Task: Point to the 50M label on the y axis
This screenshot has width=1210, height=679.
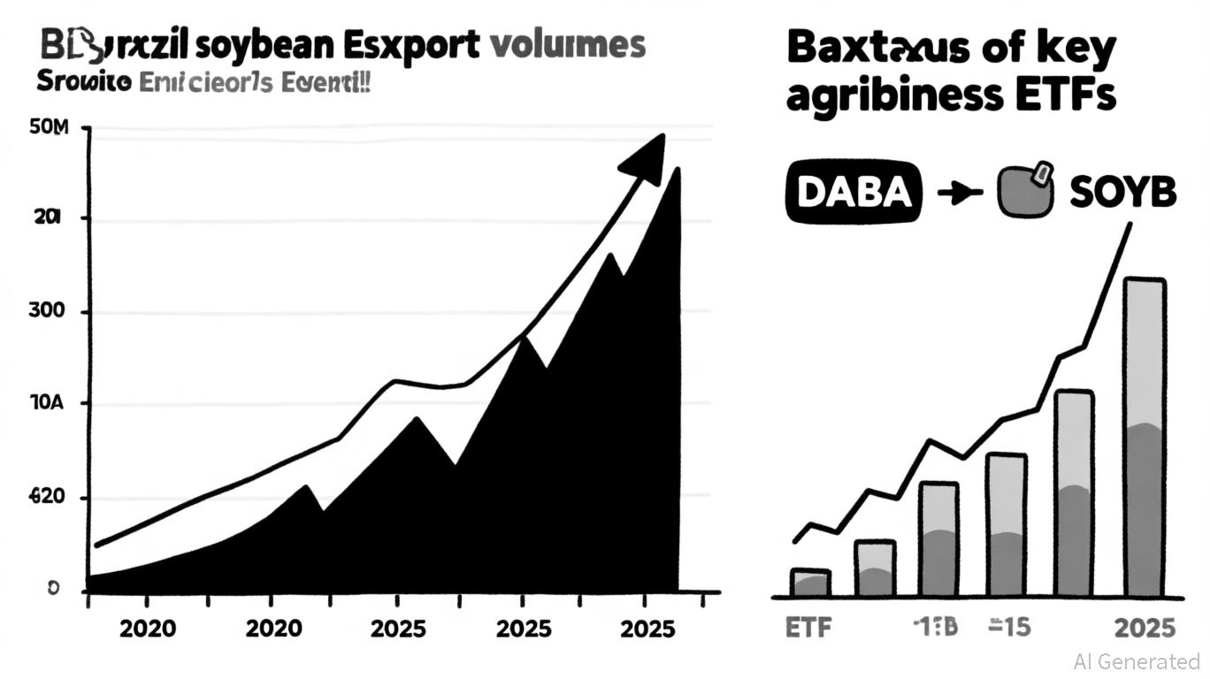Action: coord(49,130)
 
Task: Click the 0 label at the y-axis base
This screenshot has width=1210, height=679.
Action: coord(52,588)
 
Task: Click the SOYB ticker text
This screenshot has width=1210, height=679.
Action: coord(1122,192)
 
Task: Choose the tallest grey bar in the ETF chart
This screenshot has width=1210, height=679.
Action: coord(1144,438)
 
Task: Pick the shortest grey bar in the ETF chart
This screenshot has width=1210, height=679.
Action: coord(809,583)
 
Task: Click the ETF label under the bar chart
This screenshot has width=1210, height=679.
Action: coord(809,629)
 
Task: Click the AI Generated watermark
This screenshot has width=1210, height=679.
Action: coord(1137,661)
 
